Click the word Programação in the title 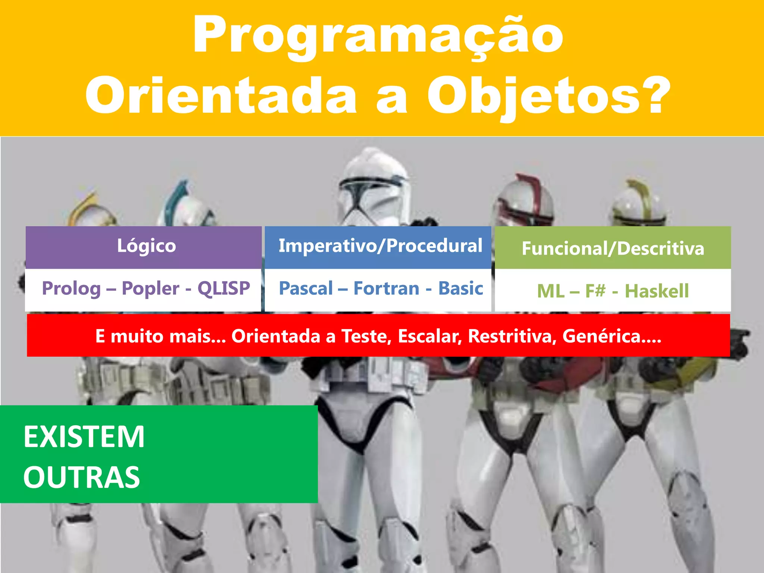[378, 35]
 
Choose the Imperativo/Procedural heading [380, 246]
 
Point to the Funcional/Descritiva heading [613, 249]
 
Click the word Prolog [71, 289]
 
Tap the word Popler [150, 289]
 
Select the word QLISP [223, 288]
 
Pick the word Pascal [306, 289]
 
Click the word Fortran [386, 289]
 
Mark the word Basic [460, 288]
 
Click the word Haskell [657, 291]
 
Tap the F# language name [595, 291]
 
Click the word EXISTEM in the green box [84, 437]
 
